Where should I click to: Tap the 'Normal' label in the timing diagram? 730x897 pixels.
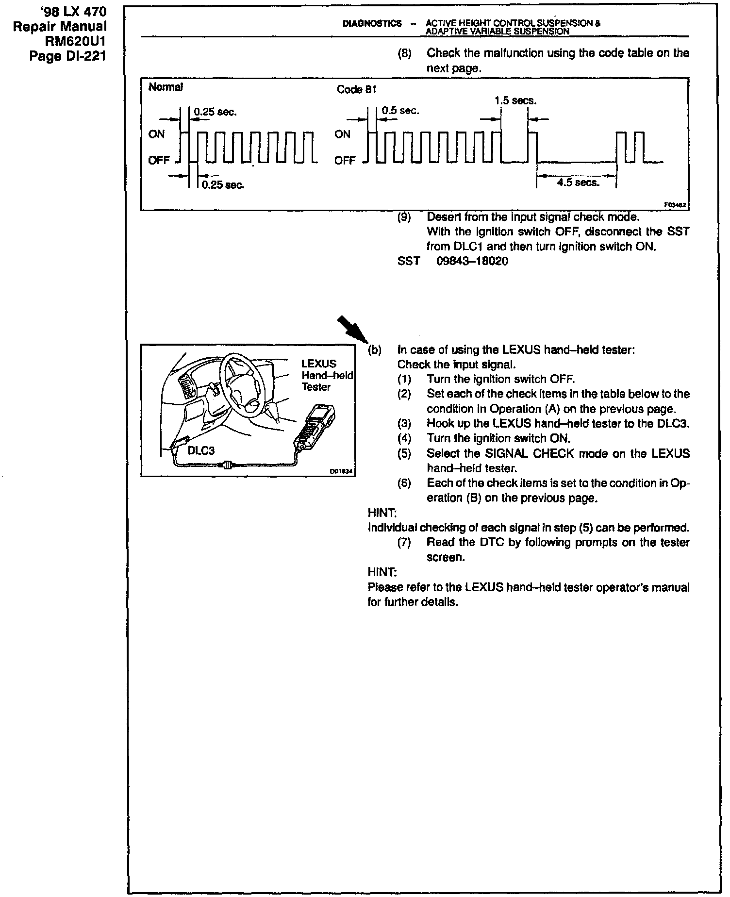[x=166, y=87]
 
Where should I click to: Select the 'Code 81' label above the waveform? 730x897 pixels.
[x=357, y=90]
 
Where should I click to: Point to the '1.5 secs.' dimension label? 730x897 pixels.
[x=515, y=101]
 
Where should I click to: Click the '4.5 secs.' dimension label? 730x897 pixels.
[x=578, y=183]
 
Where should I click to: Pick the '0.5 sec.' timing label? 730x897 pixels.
[x=400, y=111]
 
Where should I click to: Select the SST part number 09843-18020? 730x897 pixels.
[x=472, y=262]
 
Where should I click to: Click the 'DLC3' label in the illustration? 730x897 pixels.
[x=201, y=450]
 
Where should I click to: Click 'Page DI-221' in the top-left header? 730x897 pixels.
[x=68, y=56]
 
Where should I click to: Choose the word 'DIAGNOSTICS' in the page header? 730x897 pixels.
[x=372, y=23]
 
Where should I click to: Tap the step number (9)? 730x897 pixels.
[x=404, y=216]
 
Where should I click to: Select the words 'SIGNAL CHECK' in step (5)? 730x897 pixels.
[x=522, y=454]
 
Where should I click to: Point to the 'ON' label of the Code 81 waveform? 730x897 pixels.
[x=342, y=134]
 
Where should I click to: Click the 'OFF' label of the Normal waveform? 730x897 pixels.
[x=159, y=160]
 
